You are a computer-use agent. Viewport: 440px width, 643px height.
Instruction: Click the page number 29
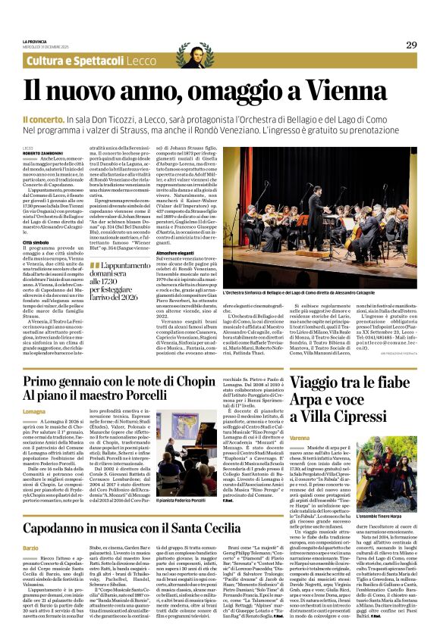[x=410, y=45]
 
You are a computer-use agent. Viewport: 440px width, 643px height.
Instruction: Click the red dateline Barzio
[x=30, y=547]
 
